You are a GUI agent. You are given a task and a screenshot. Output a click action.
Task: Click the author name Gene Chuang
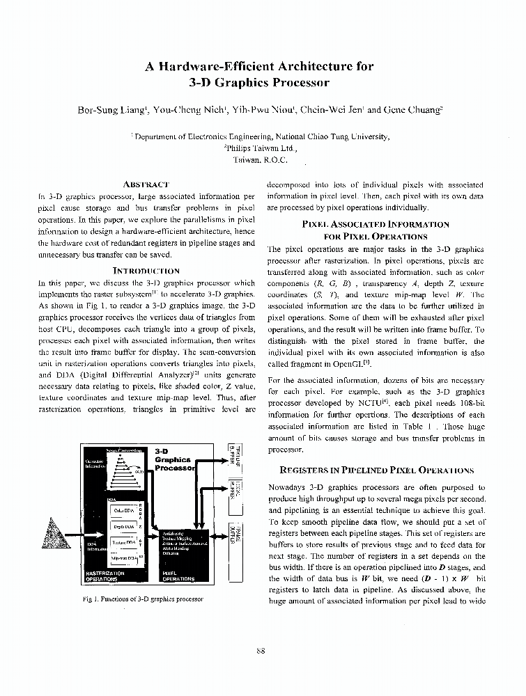[414, 109]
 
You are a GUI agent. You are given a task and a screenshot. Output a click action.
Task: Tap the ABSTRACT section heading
[146, 184]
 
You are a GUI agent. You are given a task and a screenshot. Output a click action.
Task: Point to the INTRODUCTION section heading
[146, 270]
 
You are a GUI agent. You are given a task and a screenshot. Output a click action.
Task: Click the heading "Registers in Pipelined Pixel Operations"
[376, 470]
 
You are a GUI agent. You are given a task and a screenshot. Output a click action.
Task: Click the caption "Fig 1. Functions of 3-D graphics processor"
[142, 599]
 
